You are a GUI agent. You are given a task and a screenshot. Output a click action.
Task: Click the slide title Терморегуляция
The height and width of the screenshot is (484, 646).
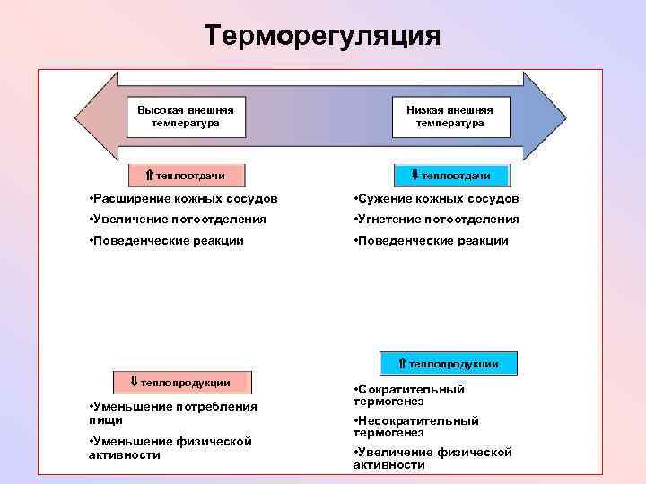pos(322,36)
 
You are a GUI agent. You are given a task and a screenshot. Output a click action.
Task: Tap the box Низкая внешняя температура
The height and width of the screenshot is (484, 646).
pos(450,117)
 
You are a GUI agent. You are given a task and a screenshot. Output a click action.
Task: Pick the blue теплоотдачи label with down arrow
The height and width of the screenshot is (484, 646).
pos(450,175)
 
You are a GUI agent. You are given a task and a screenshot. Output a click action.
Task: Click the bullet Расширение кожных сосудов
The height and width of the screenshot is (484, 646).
pos(184,198)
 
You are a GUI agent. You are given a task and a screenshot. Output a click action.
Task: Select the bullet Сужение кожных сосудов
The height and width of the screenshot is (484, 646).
pos(436,198)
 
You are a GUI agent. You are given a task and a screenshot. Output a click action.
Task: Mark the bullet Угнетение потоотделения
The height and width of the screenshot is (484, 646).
pos(436,220)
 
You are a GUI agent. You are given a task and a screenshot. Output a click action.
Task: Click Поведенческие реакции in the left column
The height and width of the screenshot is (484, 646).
pos(166,241)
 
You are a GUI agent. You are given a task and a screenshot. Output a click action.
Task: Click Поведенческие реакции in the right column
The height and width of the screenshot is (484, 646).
pos(431,241)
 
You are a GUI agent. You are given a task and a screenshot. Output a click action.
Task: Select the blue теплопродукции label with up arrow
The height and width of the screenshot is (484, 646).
pos(449,363)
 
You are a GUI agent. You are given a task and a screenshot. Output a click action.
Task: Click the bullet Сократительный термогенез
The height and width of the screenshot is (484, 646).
pos(409,395)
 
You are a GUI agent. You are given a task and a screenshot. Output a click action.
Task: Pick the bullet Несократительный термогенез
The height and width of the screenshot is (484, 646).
pos(416,427)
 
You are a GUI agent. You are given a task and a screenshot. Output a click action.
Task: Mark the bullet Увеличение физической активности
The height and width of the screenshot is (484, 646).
pos(432,459)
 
